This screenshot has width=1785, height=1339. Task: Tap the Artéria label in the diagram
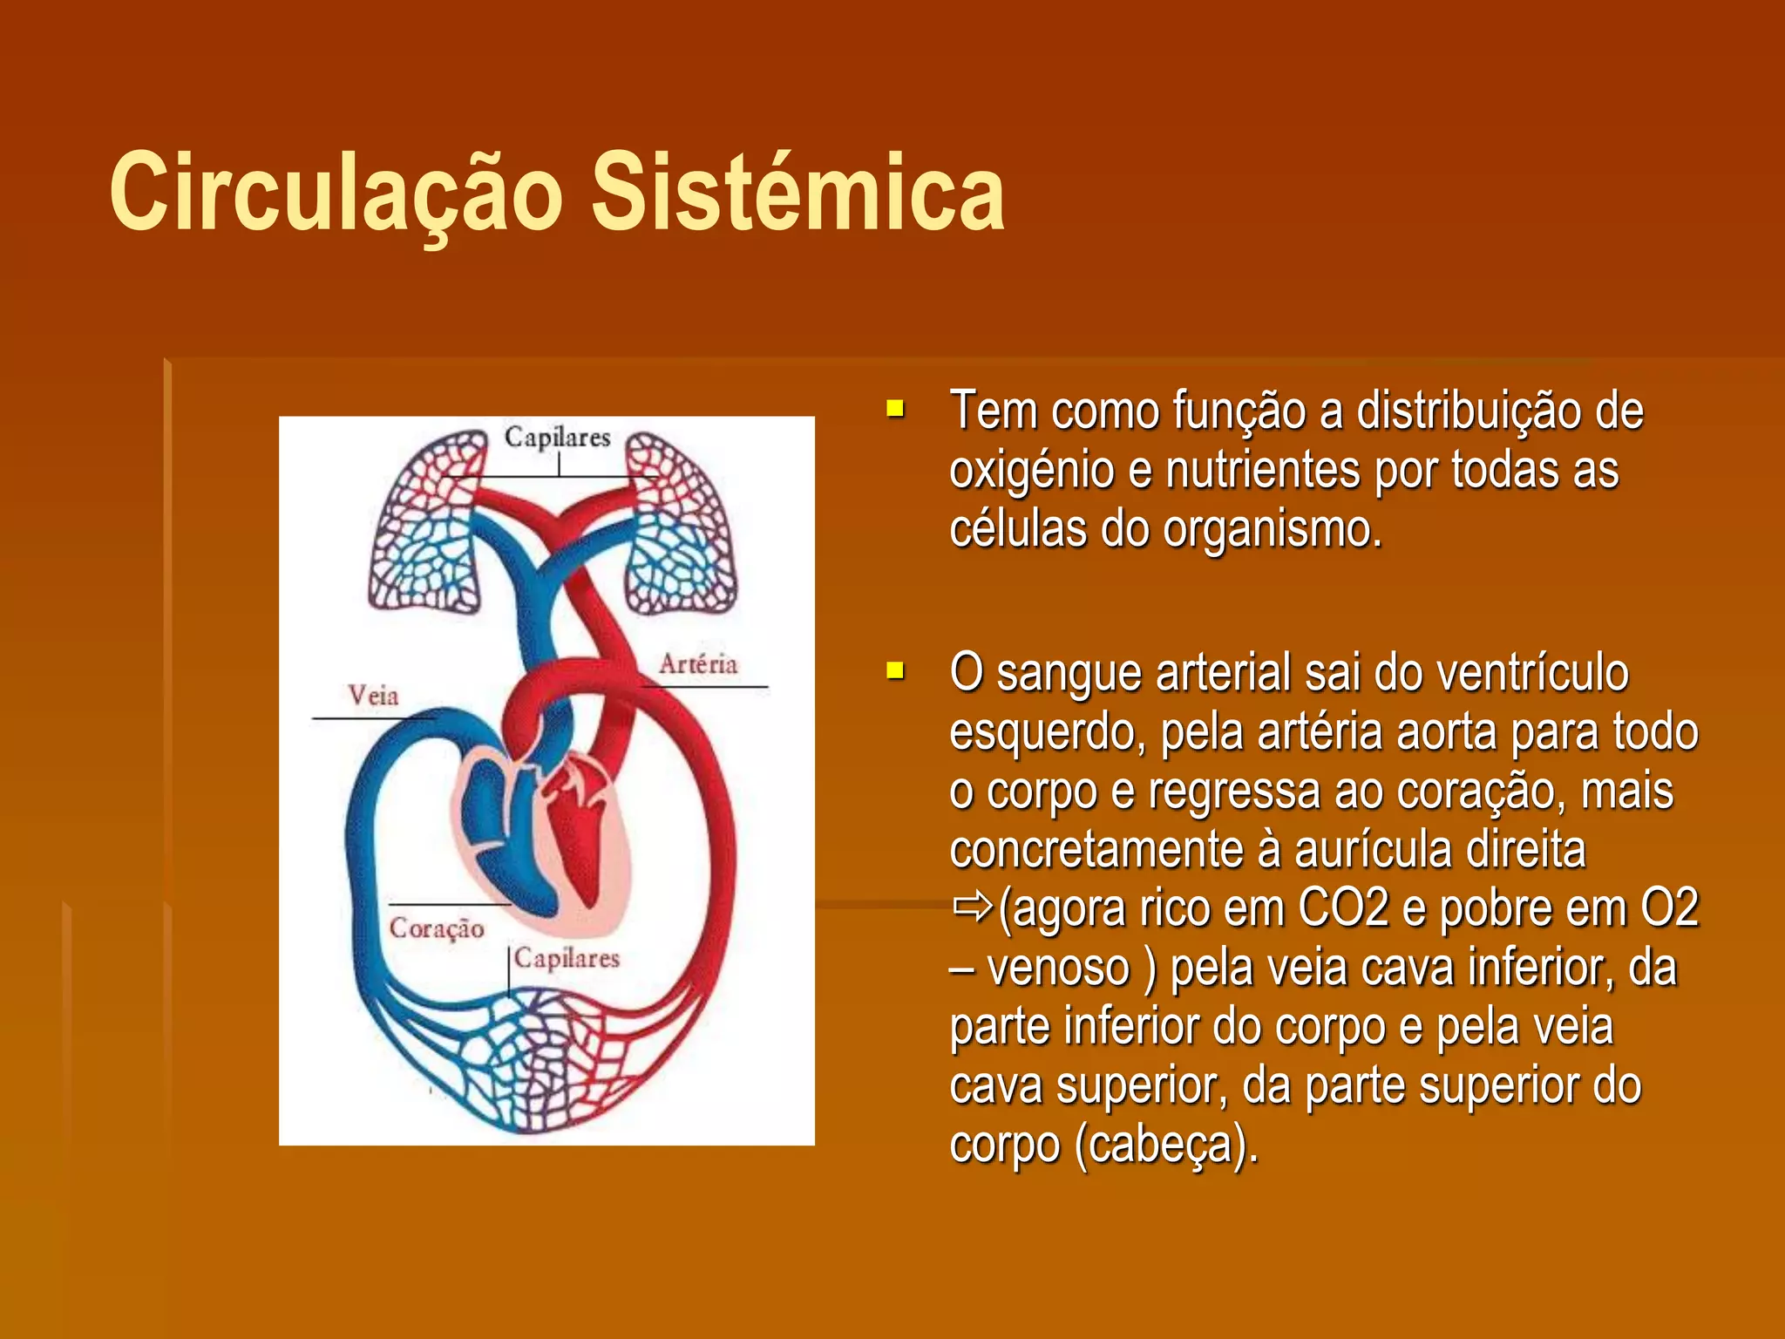tap(698, 664)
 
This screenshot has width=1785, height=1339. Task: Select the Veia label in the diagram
tap(373, 696)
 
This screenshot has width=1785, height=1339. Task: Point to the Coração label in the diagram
tap(437, 928)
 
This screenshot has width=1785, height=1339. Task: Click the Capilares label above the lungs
tap(557, 437)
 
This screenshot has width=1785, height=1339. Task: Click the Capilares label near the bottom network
tap(567, 958)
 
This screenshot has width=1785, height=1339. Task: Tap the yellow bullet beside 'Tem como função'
tap(895, 409)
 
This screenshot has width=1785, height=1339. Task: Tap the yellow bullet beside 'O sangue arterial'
tap(895, 670)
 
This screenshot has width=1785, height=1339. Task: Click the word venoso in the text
tap(1058, 969)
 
